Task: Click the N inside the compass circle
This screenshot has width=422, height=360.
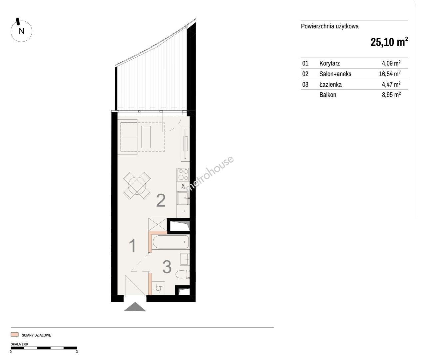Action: pos(21,31)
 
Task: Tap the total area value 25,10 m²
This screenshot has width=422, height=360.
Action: pos(389,42)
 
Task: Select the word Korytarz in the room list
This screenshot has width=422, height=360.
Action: pos(329,63)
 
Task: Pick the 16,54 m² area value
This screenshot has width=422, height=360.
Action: pos(390,74)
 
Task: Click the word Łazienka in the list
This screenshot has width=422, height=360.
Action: pos(330,84)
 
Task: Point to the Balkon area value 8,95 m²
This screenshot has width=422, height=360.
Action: pos(391,95)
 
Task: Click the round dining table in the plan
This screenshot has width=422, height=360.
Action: pos(137,186)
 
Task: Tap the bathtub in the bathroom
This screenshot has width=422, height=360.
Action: pos(171,242)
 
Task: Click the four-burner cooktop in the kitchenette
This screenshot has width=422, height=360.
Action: pos(183,174)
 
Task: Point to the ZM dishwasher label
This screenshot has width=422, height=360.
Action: pos(183,186)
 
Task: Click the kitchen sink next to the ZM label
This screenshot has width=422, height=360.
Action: pos(183,198)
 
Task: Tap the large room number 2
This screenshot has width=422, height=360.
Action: pos(161,200)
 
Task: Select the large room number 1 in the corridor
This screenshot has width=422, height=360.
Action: pos(133,245)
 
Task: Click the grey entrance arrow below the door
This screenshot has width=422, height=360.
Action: pos(135,307)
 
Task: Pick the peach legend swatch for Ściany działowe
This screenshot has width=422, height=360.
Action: pos(15,335)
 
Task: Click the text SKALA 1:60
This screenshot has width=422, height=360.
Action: pos(19,344)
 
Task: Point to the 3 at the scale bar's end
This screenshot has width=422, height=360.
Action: pos(77,352)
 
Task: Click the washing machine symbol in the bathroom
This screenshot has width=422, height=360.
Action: pos(159,288)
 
